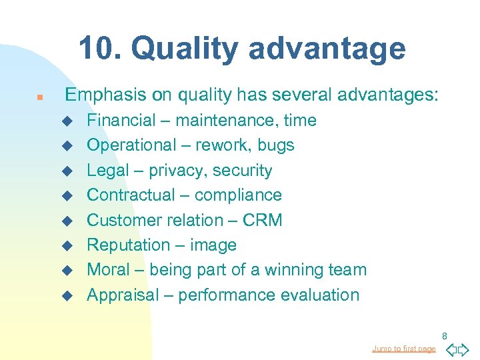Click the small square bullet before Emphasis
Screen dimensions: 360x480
pyautogui.click(x=39, y=97)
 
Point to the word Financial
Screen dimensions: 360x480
pyautogui.click(x=121, y=121)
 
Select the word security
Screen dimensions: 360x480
pyautogui.click(x=243, y=171)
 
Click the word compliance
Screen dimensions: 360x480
pyautogui.click(x=241, y=195)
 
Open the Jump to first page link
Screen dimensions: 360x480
pyautogui.click(x=403, y=349)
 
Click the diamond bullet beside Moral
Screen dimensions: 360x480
pyautogui.click(x=66, y=271)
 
